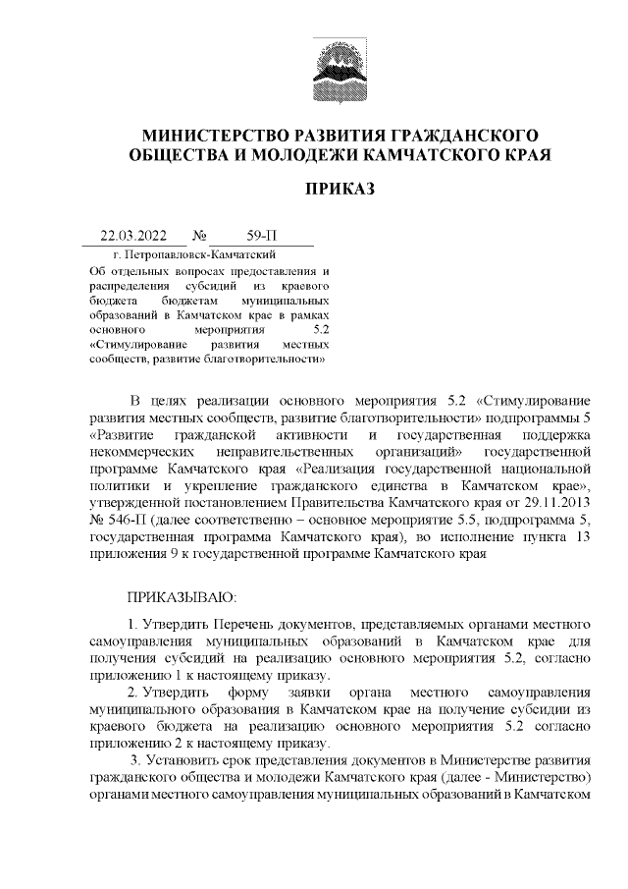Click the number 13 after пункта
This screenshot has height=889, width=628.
[x=581, y=537]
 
